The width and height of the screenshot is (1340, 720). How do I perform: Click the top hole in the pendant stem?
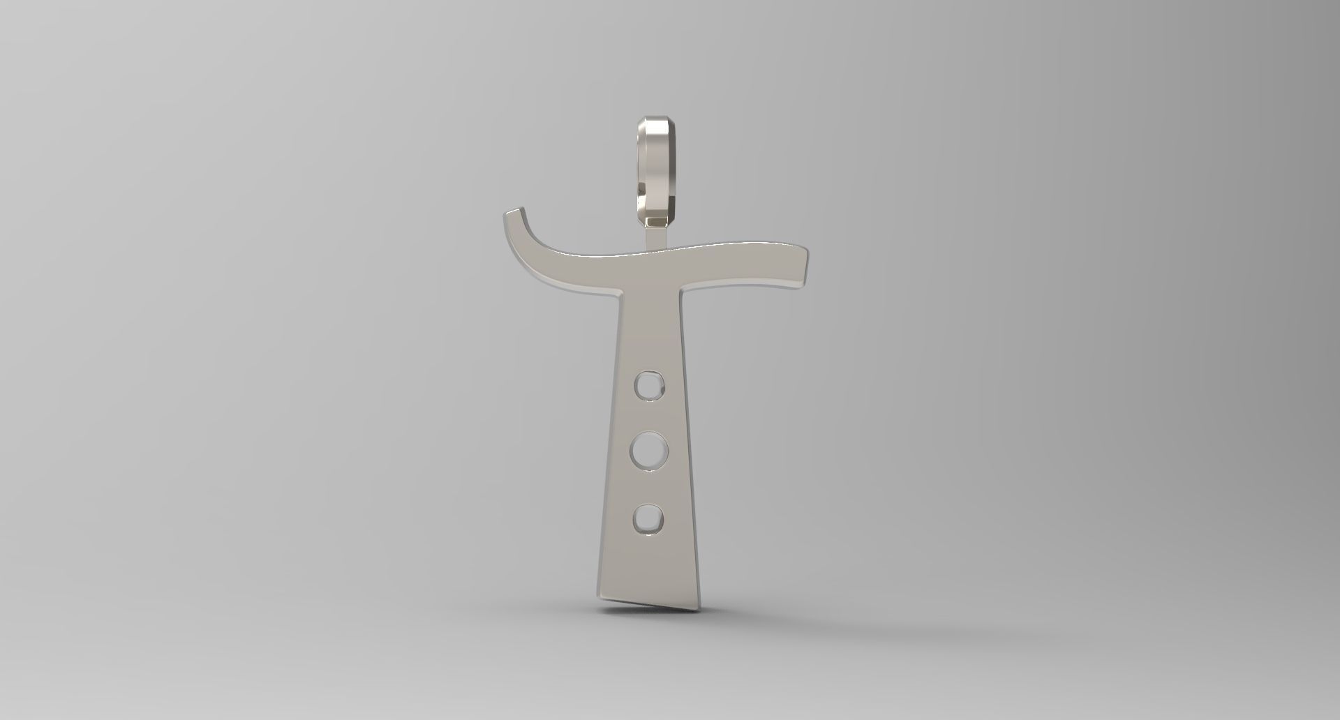pos(648,384)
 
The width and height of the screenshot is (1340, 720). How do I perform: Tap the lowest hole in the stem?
pos(648,518)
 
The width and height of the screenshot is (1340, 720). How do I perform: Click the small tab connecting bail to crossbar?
pos(655,237)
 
